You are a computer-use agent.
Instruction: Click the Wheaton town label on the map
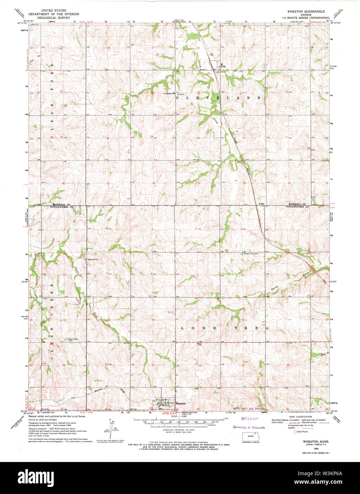pos(180,403)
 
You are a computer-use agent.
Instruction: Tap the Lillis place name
pos(223,66)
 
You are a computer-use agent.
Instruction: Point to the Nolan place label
pos(261,204)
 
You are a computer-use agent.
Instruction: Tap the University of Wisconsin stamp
pos(249,427)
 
